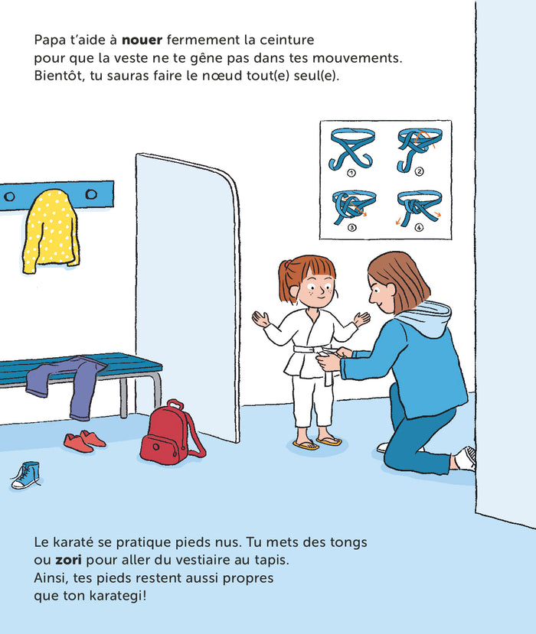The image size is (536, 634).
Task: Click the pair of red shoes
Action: (x=84, y=441)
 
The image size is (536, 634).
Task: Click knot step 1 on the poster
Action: (x=351, y=149)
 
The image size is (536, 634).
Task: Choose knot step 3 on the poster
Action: (x=351, y=206)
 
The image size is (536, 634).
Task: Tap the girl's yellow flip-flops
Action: (x=317, y=443)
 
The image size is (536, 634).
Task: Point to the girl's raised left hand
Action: (x=361, y=317)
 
